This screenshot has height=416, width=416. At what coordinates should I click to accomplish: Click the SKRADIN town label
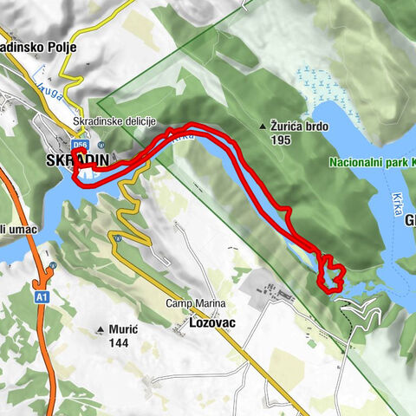pos(77,160)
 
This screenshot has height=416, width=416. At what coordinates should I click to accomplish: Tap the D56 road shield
pos(80,146)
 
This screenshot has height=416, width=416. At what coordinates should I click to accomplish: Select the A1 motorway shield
pos(41,297)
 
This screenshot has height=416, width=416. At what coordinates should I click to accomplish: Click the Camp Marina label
pos(197,303)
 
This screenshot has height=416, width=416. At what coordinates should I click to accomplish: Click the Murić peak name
pos(124,329)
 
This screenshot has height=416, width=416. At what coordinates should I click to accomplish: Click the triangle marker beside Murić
pos(101,329)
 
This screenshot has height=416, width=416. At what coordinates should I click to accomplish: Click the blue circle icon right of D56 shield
pos(101,145)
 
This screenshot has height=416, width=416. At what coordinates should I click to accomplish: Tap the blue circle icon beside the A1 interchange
pos(53,265)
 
